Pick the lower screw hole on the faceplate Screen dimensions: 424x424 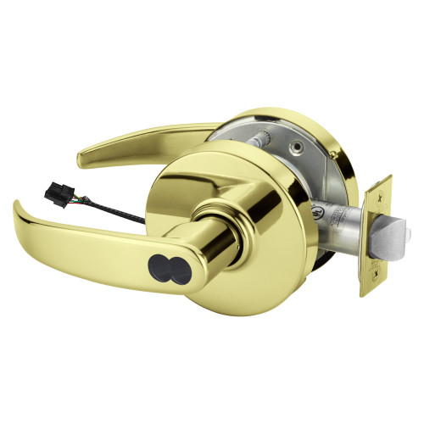pos(370,284)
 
